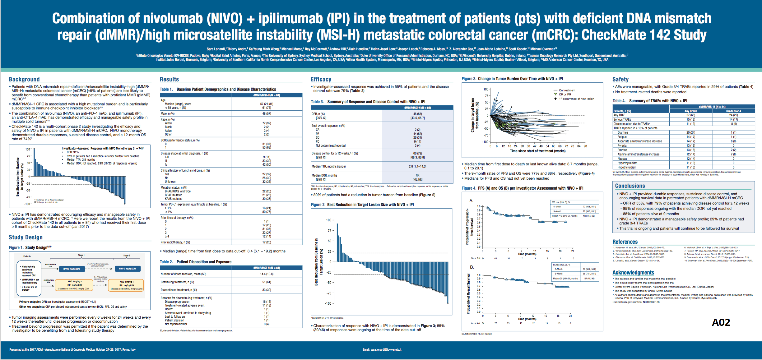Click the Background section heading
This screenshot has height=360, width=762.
[x=24, y=79]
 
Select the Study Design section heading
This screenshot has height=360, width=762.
[x=26, y=237]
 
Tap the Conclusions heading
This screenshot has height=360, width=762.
[x=630, y=186]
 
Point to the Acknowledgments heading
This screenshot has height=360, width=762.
[x=633, y=272]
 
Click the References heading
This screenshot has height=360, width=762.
[x=625, y=242]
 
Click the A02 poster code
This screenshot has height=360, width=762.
[x=721, y=322]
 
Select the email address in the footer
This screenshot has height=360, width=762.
[x=382, y=349]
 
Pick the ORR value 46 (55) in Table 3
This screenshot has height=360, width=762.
[x=417, y=114]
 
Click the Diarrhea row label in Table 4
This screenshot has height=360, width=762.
[x=623, y=132]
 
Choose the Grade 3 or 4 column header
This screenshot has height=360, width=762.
[x=733, y=111]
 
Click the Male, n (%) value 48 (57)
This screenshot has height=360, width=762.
[x=267, y=113]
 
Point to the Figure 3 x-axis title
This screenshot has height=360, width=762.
[x=537, y=151]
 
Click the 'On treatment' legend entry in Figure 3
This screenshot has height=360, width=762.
[x=567, y=90]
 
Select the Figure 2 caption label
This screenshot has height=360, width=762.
[x=318, y=205]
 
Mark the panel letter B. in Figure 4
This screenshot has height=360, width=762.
[x=472, y=267]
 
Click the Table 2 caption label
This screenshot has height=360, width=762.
[x=166, y=262]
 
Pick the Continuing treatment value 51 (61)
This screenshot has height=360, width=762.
[x=267, y=282]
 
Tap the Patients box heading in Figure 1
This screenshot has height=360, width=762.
[x=27, y=256]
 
